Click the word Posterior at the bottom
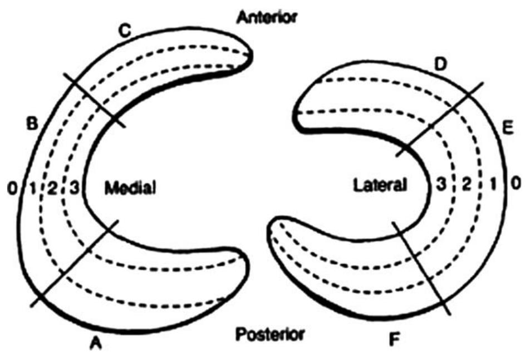(270, 334)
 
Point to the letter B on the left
(32, 124)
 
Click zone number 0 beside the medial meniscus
(12, 189)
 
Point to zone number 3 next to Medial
(73, 189)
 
